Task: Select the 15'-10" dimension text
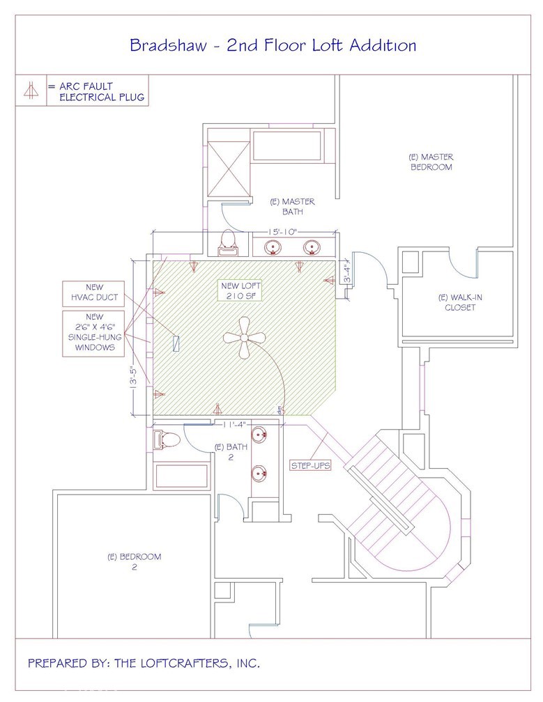[x=281, y=232]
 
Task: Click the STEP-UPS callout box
[x=310, y=465]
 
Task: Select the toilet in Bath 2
[x=167, y=439]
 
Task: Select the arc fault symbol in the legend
[x=30, y=91]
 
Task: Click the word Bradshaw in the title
[x=165, y=46]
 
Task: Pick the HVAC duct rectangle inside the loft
[x=176, y=343]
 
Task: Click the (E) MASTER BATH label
[x=292, y=206]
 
